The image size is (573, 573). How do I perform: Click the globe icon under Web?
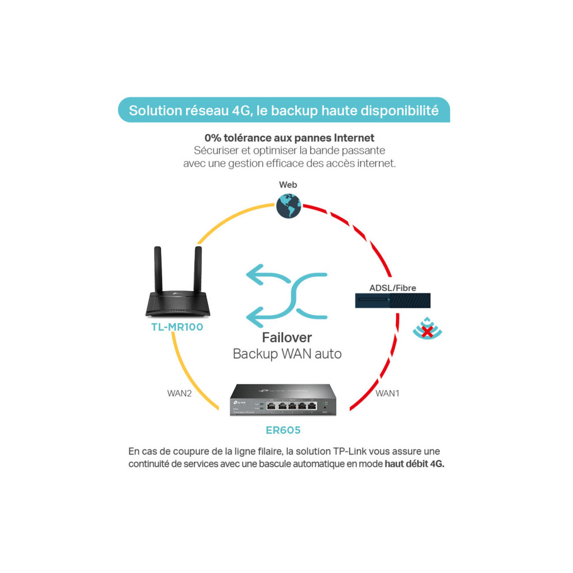point(288,206)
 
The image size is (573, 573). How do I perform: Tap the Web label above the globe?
point(288,185)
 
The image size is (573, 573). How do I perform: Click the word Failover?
point(287,337)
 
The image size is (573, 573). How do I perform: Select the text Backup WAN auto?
point(287,354)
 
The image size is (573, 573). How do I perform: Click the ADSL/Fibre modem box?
point(393,300)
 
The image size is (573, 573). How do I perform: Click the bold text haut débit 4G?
point(414,464)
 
